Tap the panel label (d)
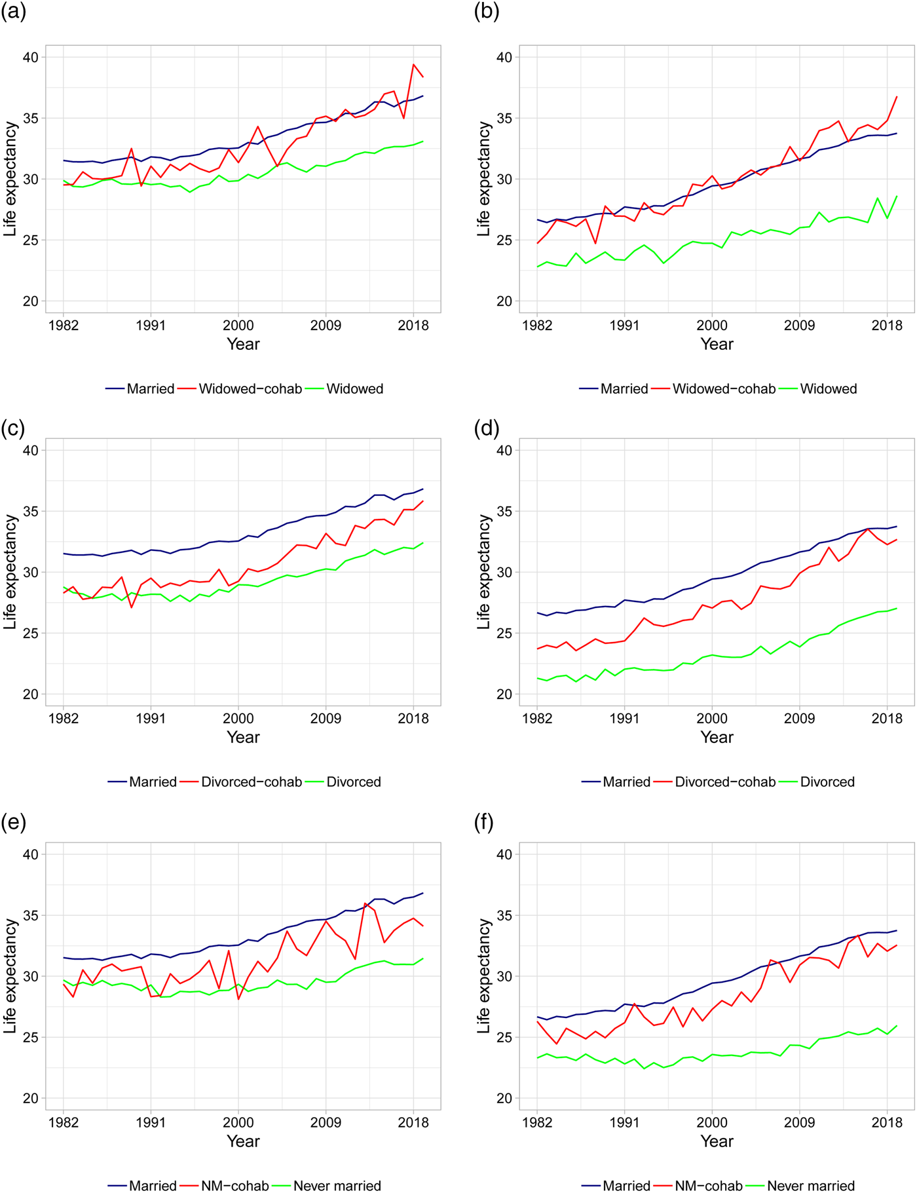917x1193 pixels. pos(487,428)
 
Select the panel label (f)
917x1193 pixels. pos(485,822)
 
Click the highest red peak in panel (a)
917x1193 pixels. pos(413,64)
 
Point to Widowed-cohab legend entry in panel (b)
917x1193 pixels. pos(723,388)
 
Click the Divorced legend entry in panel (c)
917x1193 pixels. pos(353,782)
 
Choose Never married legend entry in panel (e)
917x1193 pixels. pos(337,1186)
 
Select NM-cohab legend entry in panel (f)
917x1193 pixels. pos(708,1186)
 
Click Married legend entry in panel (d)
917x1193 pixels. pos(626,782)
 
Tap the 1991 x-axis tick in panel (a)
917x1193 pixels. pos(151,326)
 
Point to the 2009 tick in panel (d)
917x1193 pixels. pos(799,719)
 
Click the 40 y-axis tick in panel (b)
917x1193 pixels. pos(504,57)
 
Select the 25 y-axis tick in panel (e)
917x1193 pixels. pos(30,1037)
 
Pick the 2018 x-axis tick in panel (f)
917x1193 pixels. pos(887,1123)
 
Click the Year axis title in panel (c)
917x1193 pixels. pos(243,737)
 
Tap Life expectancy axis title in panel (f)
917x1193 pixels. pos(484,975)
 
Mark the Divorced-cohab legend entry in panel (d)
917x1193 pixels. pos(724,782)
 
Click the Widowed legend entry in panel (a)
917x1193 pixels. pos(354,388)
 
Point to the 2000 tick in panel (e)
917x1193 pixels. pos(238,1123)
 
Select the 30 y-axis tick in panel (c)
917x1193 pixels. pos(30,572)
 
